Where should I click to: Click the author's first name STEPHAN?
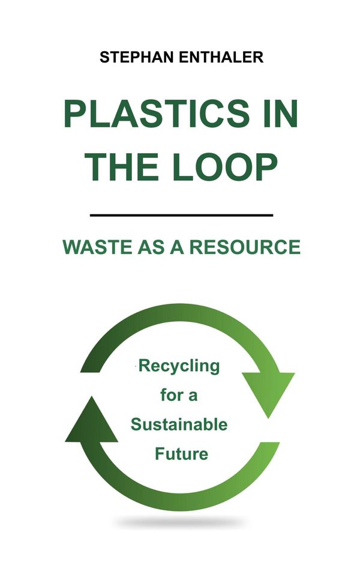[x=137, y=58]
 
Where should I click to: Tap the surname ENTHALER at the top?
[x=221, y=58]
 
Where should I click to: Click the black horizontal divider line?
[x=181, y=215]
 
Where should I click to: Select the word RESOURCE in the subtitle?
[x=244, y=247]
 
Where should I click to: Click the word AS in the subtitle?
[x=151, y=247]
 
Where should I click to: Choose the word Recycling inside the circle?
[x=179, y=366]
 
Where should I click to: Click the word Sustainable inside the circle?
[x=179, y=424]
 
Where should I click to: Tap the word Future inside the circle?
[x=181, y=454]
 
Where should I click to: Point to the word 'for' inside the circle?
[x=172, y=395]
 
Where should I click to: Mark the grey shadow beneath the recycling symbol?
[x=179, y=522]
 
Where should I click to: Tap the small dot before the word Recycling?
[x=137, y=365]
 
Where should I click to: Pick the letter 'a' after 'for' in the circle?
[x=193, y=396]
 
